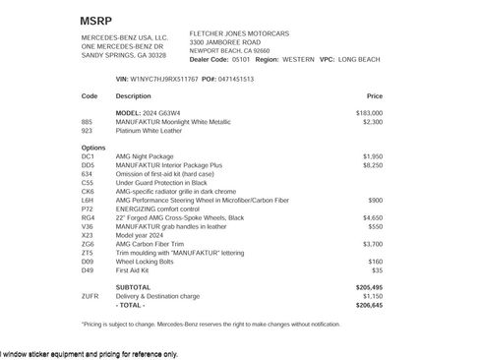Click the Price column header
coord(374,96)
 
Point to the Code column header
coord(90,96)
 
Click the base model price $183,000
coord(369,114)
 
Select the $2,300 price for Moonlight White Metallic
coord(372,122)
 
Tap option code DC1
coord(88,155)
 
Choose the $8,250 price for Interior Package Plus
coord(372,163)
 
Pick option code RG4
coord(88,215)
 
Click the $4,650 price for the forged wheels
coord(372,215)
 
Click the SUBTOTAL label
coord(133,286)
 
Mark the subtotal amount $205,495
coord(369,286)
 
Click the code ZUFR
coord(90,295)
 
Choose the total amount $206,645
coord(369,304)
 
